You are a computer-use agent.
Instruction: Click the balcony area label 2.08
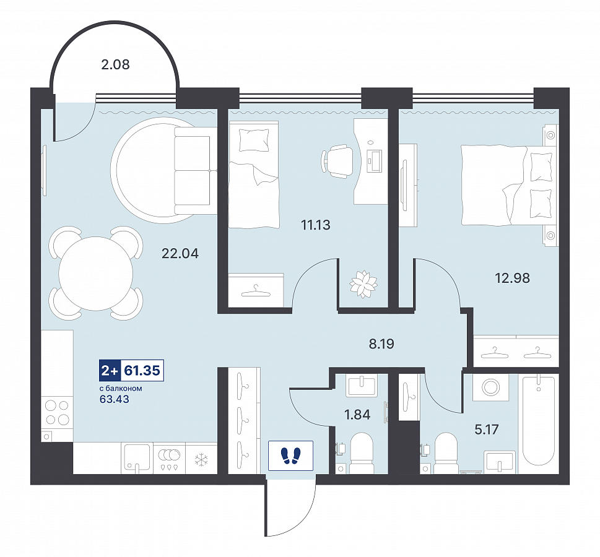116,64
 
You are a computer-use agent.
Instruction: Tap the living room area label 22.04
180,253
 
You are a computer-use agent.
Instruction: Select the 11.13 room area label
316,225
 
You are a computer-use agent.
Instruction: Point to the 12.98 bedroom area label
512,278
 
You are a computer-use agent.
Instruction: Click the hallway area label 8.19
381,344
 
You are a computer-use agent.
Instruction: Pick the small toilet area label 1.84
357,415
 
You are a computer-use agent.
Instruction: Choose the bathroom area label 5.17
487,430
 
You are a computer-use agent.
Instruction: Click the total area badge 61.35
142,370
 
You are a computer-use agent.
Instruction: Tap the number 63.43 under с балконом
115,399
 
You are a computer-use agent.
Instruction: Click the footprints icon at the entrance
291,456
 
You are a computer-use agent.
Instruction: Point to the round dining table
95,273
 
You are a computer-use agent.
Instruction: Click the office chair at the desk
337,161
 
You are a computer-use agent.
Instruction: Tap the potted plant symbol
363,284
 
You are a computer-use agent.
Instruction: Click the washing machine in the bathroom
490,387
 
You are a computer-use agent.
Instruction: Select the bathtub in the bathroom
539,420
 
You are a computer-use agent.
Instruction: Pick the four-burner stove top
58,412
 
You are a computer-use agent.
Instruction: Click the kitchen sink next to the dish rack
137,457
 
